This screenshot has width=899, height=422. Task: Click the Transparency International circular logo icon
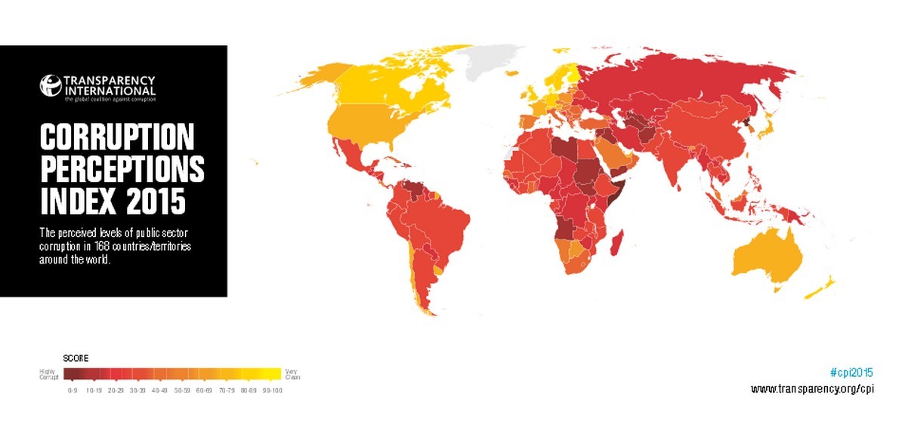[50, 84]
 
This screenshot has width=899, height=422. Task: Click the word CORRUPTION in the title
[117, 139]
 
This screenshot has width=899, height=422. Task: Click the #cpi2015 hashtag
[851, 372]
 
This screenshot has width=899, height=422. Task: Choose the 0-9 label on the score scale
[73, 390]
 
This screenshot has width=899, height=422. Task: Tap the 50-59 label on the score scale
[182, 390]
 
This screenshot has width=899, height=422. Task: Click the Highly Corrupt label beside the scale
[49, 373]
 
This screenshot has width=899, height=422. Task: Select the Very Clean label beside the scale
[292, 373]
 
